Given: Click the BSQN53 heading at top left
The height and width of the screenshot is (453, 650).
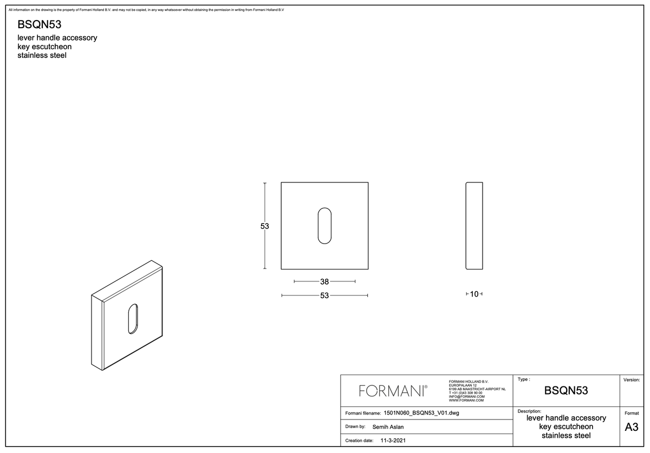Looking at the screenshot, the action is [x=40, y=24].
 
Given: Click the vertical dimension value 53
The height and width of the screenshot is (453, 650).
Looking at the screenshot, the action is [x=265, y=226].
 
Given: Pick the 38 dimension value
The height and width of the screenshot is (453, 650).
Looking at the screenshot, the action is [x=324, y=281].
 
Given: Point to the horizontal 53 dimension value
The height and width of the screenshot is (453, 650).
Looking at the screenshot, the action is [x=324, y=295].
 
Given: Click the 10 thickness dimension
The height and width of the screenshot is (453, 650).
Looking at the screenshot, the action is [x=474, y=294].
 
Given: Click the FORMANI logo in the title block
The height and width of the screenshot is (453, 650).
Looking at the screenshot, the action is [x=393, y=391].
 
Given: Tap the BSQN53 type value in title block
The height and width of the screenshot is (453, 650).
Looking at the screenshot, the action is [x=566, y=390].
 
